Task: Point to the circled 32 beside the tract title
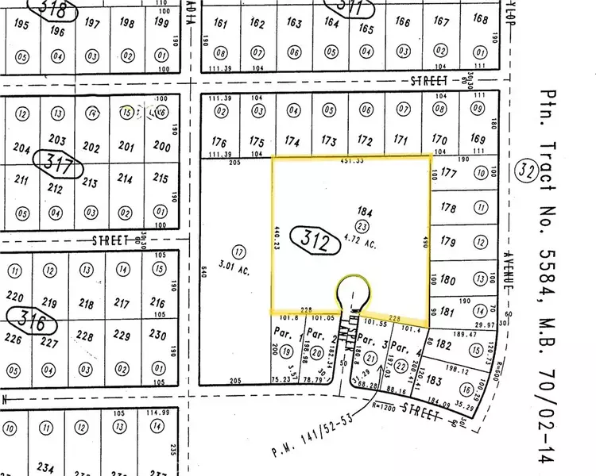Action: click(525, 171)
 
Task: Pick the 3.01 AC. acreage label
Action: click(238, 271)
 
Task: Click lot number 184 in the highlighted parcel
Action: click(365, 212)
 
